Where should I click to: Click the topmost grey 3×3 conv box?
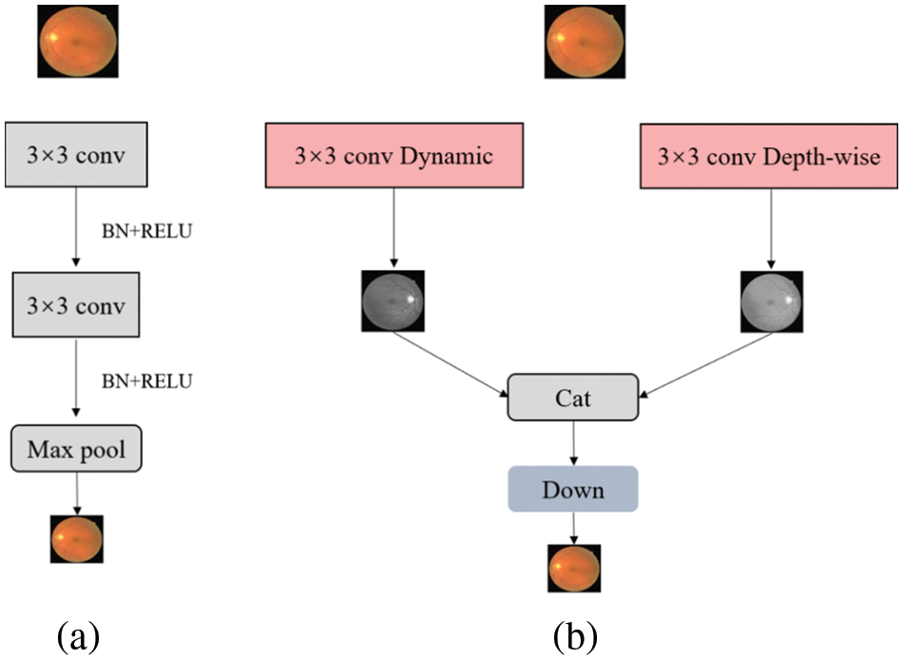point(76,154)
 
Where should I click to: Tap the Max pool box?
point(76,449)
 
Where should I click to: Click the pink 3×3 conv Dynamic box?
point(393,154)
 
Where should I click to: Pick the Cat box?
point(572,398)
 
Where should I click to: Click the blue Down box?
point(572,490)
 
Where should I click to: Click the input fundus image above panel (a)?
point(78,40)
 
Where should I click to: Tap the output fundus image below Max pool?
point(76,539)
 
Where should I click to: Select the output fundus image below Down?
point(574,568)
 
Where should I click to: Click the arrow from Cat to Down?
point(572,442)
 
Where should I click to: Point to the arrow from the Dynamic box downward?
point(393,228)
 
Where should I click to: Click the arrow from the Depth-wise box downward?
point(770,228)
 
